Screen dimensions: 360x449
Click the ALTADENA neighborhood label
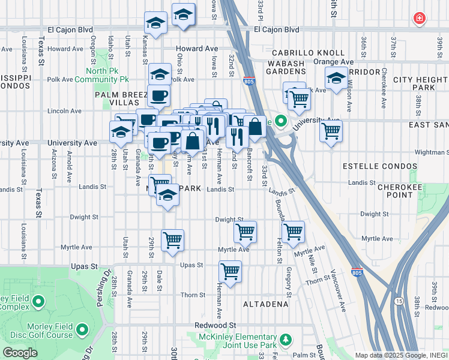265,304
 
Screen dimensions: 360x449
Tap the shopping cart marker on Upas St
231,272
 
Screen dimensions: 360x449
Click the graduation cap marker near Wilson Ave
336,77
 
